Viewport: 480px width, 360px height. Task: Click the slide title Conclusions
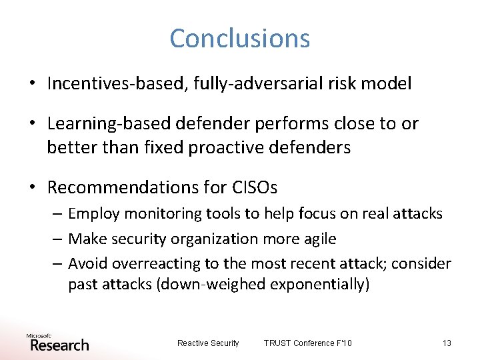click(x=239, y=38)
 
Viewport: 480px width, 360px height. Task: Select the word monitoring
click(x=160, y=213)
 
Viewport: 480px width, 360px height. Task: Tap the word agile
click(x=319, y=239)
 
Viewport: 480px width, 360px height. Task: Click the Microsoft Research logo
click(x=58, y=342)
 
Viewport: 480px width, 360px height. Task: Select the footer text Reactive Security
click(x=207, y=343)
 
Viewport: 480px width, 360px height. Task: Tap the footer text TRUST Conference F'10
click(x=307, y=343)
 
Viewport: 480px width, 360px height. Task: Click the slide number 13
click(x=446, y=343)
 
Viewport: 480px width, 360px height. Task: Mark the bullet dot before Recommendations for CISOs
click(x=32, y=188)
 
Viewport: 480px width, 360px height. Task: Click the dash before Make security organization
click(x=57, y=239)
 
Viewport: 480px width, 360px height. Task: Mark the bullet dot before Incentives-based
click(x=32, y=84)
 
